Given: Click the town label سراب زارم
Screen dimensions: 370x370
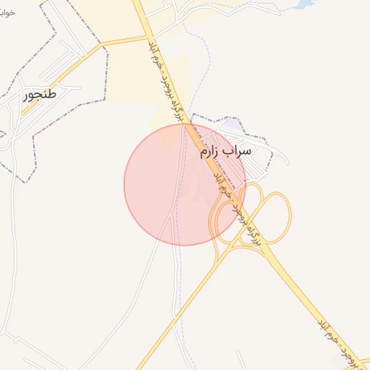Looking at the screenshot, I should (x=225, y=152).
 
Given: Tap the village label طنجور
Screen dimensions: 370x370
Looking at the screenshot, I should (x=40, y=94).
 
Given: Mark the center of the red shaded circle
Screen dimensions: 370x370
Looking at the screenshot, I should (x=185, y=184).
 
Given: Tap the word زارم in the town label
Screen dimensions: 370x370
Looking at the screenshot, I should (x=210, y=152).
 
